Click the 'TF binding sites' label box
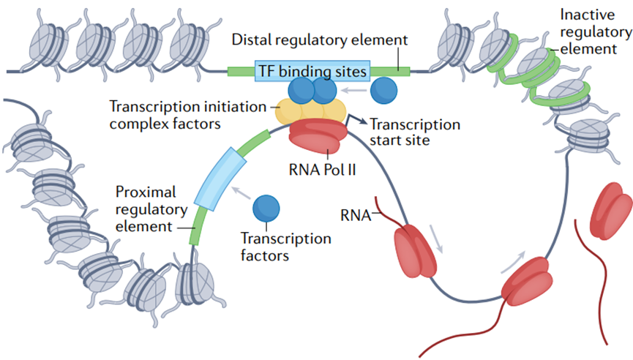click(312, 71)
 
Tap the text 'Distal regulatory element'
click(320, 40)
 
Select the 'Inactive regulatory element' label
click(596, 32)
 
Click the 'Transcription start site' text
click(415, 132)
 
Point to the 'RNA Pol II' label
click(322, 170)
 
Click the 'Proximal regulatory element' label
click(151, 209)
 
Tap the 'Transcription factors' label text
click(286, 247)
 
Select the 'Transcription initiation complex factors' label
click(188, 115)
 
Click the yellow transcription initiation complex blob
click(310, 112)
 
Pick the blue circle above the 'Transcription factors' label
click(266, 209)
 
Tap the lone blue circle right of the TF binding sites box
click(383, 91)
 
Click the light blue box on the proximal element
click(220, 179)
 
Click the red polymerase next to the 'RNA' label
click(415, 251)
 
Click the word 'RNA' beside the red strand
click(355, 216)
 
